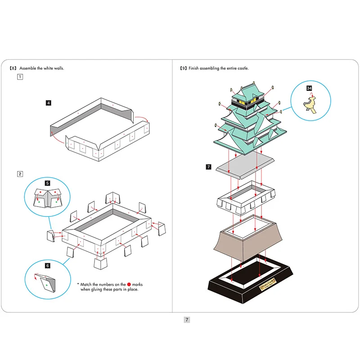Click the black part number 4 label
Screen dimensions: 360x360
pos(49,103)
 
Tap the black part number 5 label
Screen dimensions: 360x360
pos(48,183)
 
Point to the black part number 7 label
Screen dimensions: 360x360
pos(208,167)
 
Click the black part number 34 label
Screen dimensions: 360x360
pos(309,88)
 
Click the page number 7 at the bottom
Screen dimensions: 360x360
pos(187,320)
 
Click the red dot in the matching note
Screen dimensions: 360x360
pos(129,284)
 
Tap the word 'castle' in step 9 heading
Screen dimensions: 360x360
pos(242,68)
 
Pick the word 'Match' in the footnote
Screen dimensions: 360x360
pos(88,284)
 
